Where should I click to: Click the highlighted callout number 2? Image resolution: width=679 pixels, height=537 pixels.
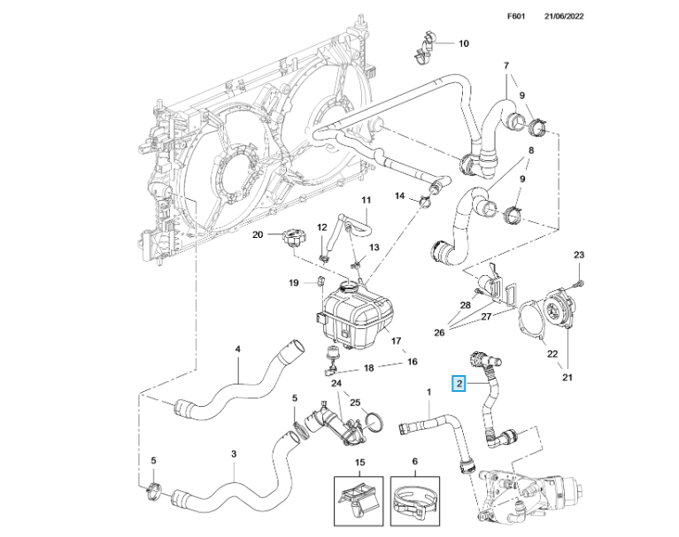(459, 384)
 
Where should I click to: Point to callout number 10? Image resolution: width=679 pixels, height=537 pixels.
(463, 42)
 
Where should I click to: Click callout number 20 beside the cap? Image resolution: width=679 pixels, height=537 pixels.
(259, 234)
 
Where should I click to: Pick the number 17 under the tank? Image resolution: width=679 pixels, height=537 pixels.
(396, 340)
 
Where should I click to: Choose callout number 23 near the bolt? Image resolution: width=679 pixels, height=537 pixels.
(579, 256)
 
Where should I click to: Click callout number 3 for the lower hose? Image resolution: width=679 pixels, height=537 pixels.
(232, 454)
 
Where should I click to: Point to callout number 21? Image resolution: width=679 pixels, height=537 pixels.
(567, 379)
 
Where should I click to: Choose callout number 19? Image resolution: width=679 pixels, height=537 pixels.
(295, 283)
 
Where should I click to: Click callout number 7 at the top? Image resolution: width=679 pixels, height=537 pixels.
(506, 66)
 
